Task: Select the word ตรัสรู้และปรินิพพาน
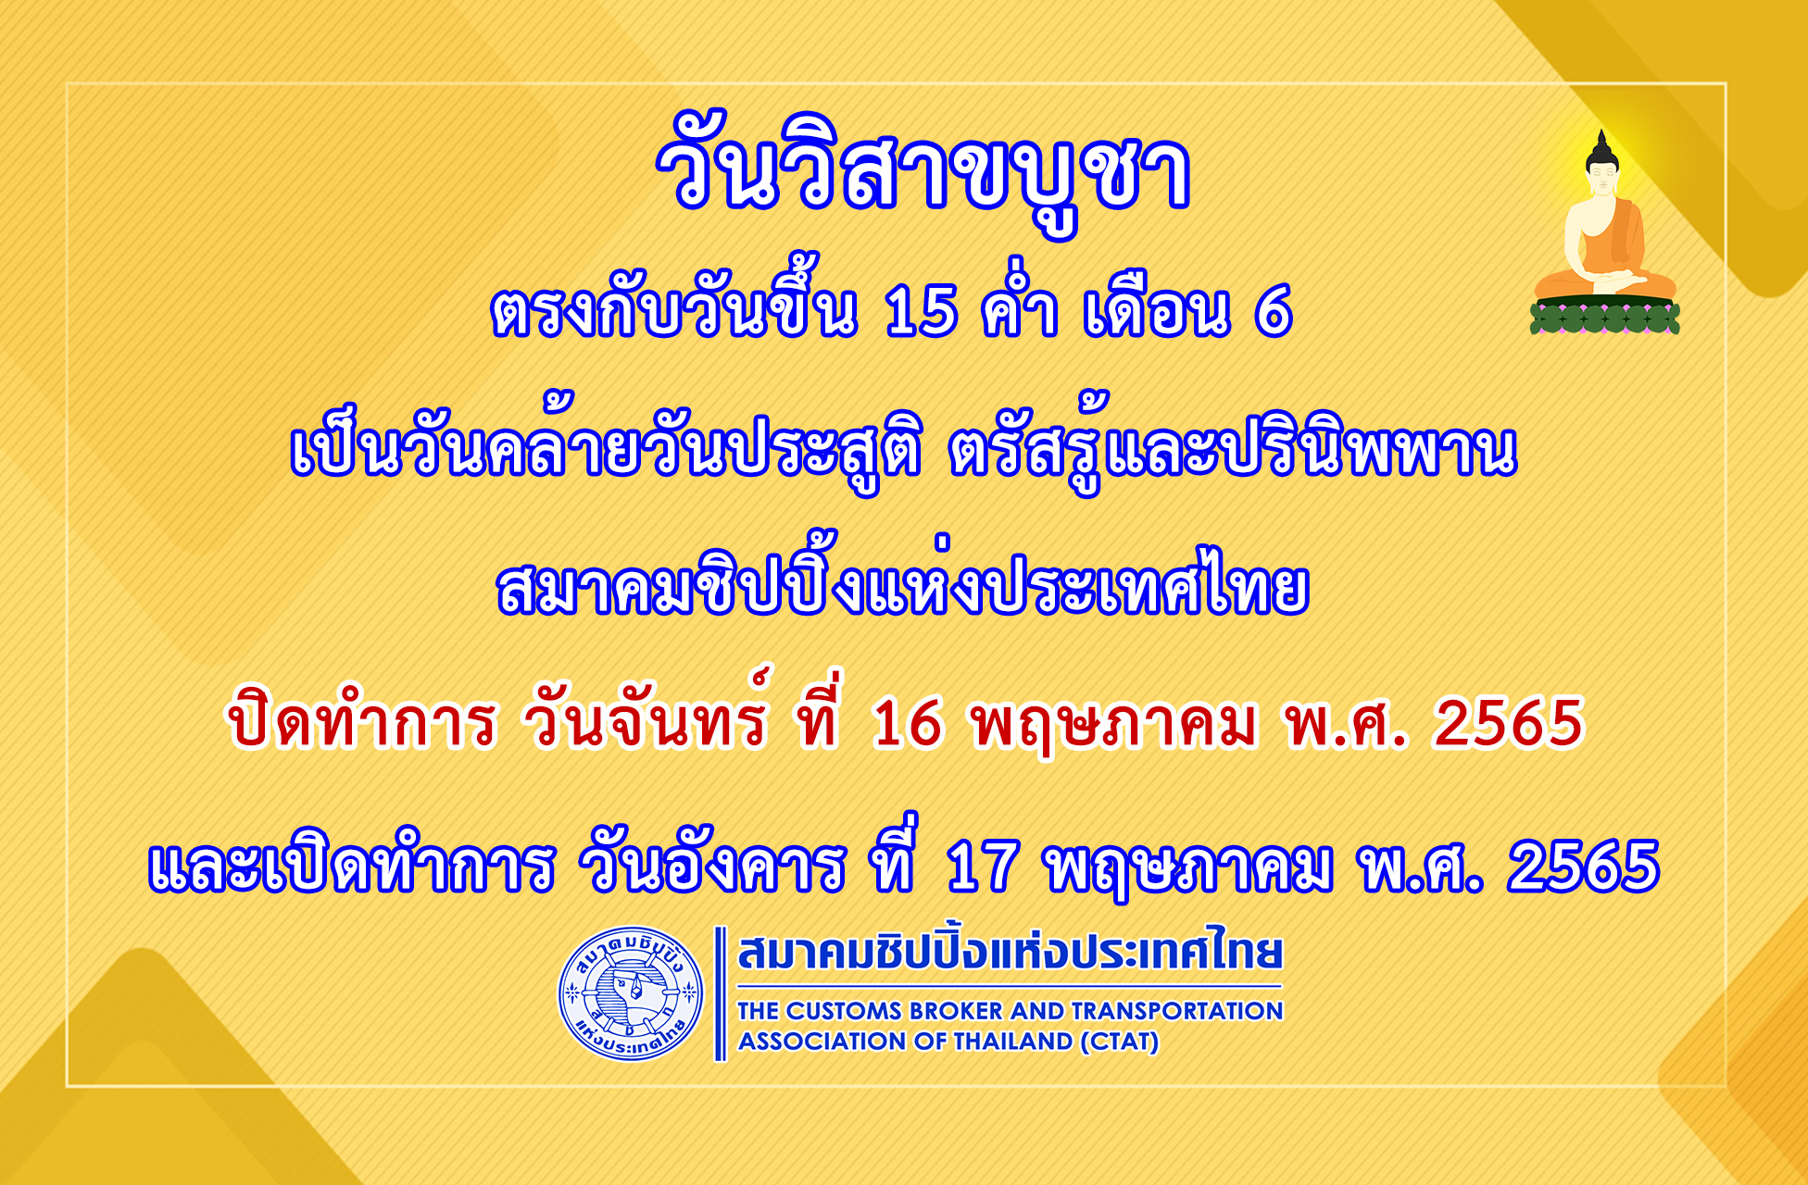point(1233,448)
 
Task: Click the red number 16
point(907,723)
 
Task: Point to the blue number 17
point(983,867)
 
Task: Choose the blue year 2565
point(1583,867)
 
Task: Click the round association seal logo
point(631,993)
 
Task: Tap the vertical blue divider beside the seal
point(720,993)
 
